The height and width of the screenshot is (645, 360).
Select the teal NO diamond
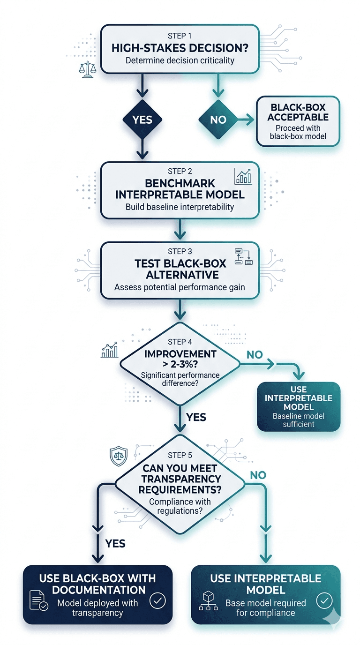click(x=218, y=120)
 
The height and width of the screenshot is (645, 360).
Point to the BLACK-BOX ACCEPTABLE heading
click(x=298, y=112)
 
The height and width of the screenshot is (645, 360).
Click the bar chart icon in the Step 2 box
click(x=243, y=176)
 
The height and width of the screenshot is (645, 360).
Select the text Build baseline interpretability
click(x=180, y=207)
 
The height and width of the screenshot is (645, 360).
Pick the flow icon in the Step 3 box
click(x=243, y=256)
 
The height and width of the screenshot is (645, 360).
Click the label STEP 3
click(x=180, y=252)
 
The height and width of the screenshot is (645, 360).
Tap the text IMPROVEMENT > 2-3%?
click(x=180, y=360)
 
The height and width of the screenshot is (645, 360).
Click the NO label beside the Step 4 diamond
click(x=255, y=355)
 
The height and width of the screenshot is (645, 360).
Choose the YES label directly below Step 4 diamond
click(x=196, y=417)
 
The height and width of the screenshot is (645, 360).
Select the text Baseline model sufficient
click(x=298, y=420)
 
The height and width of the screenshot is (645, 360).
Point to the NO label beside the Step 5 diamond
click(x=258, y=475)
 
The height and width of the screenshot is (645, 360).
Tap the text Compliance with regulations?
click(x=180, y=506)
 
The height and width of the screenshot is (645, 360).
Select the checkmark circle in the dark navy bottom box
click(x=157, y=600)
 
